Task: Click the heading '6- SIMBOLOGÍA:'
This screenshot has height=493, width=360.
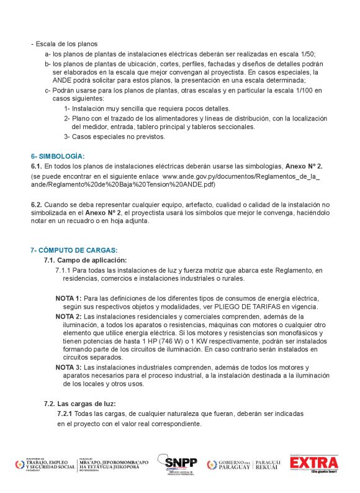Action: (58, 156)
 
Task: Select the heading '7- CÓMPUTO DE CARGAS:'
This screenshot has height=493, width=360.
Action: (74, 250)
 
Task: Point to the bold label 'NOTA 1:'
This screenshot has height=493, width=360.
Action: (68, 299)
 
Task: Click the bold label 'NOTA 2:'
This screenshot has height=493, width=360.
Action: (68, 316)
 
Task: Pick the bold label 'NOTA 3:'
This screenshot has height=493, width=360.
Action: (68, 368)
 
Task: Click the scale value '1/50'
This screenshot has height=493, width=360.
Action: (324, 54)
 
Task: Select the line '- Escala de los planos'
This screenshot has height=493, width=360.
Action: (65, 45)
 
